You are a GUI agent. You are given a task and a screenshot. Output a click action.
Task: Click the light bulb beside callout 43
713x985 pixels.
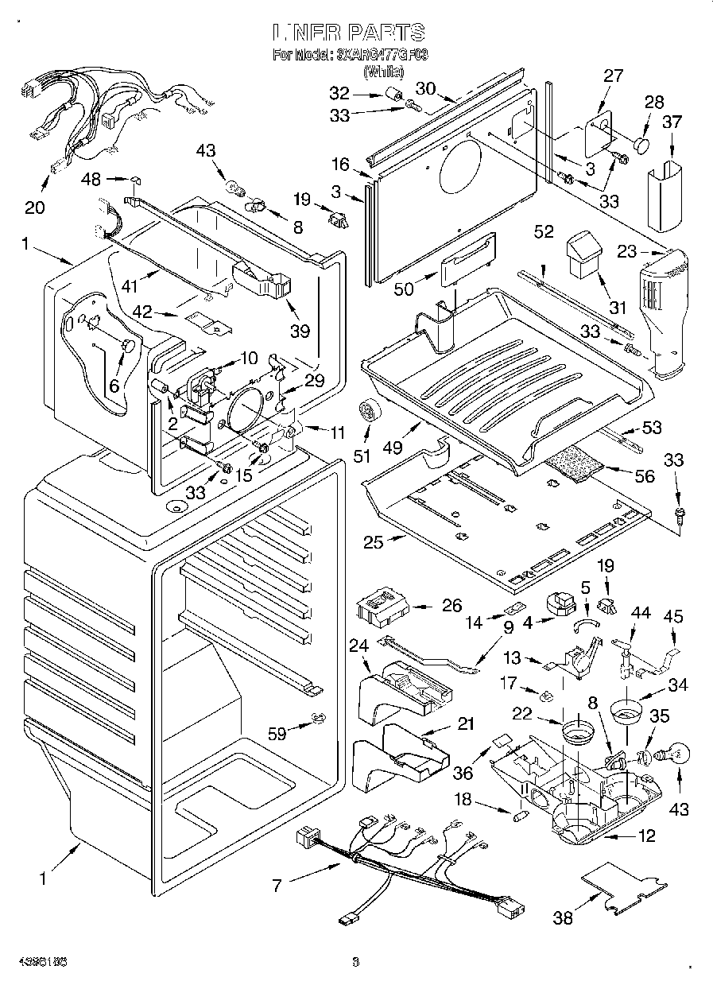(x=672, y=750)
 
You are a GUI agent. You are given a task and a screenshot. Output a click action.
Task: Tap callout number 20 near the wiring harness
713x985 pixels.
(x=35, y=207)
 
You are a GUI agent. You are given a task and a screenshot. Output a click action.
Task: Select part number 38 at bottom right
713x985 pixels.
(x=562, y=918)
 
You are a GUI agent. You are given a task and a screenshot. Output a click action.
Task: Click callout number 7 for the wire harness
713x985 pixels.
(x=277, y=884)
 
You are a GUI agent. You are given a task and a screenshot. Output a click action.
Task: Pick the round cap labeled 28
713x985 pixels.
(x=642, y=145)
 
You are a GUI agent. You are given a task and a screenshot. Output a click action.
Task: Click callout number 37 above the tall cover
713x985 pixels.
(x=672, y=122)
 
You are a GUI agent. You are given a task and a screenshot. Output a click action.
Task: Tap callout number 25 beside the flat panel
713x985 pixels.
(x=373, y=543)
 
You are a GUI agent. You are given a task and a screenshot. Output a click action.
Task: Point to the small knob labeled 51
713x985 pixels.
(x=368, y=410)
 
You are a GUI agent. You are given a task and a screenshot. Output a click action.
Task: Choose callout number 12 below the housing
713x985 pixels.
(x=647, y=836)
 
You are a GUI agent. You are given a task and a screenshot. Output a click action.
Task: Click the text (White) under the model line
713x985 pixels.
(x=383, y=72)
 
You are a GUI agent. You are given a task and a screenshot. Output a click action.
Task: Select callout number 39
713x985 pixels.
(x=300, y=330)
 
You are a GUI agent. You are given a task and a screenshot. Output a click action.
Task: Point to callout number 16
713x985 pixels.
(x=340, y=165)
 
